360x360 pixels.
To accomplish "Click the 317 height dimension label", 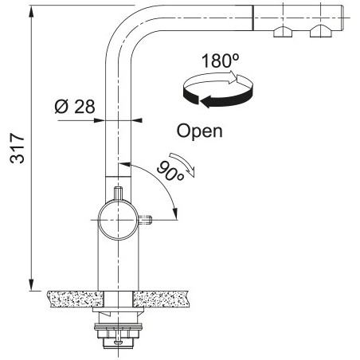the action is click(x=18, y=148).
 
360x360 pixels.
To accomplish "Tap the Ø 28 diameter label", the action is click(x=75, y=107).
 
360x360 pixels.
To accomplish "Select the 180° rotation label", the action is click(x=221, y=61).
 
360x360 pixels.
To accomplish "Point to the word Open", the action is click(x=200, y=131).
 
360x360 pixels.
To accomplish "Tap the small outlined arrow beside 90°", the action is click(x=184, y=164).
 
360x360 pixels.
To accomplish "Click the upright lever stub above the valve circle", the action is click(x=118, y=194).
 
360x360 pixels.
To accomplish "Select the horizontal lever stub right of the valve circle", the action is click(x=145, y=220).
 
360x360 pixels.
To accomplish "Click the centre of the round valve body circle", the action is click(x=119, y=220).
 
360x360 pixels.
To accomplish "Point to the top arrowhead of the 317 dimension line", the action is click(x=31, y=12).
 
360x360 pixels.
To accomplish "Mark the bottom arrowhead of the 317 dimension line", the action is click(x=31, y=284).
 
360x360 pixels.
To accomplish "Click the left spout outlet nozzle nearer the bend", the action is click(x=283, y=32).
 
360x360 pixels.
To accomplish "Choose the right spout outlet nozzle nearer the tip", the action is click(x=321, y=31).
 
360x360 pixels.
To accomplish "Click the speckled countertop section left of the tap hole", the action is click(x=76, y=299).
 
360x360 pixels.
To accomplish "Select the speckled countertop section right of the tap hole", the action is click(x=161, y=299).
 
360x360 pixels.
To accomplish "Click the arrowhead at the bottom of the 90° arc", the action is click(x=175, y=213).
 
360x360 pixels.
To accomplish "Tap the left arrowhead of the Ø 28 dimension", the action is click(x=99, y=120).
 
